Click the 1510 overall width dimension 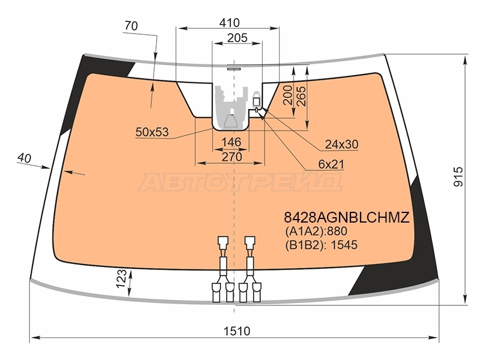click(x=236, y=331)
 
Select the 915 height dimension click(x=458, y=176)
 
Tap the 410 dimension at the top click(x=229, y=23)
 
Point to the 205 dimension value click(x=237, y=38)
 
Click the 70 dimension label click(x=131, y=26)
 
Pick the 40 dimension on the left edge click(x=24, y=158)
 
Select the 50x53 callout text click(x=152, y=132)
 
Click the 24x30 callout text click(x=341, y=144)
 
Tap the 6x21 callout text click(x=331, y=164)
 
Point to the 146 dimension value click(x=232, y=142)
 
